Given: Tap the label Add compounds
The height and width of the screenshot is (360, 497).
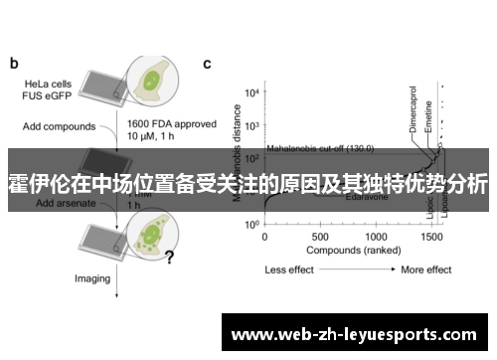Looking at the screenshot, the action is (x=59, y=126).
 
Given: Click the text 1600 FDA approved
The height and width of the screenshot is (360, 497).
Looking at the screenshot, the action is (x=166, y=122).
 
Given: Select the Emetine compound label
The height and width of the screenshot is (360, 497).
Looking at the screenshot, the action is (x=428, y=117).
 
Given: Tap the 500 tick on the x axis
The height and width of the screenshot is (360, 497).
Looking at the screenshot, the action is (x=319, y=238).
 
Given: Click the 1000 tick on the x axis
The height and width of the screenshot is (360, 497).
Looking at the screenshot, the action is (x=376, y=238).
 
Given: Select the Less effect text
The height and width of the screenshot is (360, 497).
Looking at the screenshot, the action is (x=289, y=270).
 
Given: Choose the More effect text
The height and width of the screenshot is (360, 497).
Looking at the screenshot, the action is (x=426, y=270).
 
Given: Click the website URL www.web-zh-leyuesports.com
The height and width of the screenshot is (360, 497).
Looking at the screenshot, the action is (x=357, y=333).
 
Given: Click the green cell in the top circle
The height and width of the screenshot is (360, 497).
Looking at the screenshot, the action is (x=154, y=80).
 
